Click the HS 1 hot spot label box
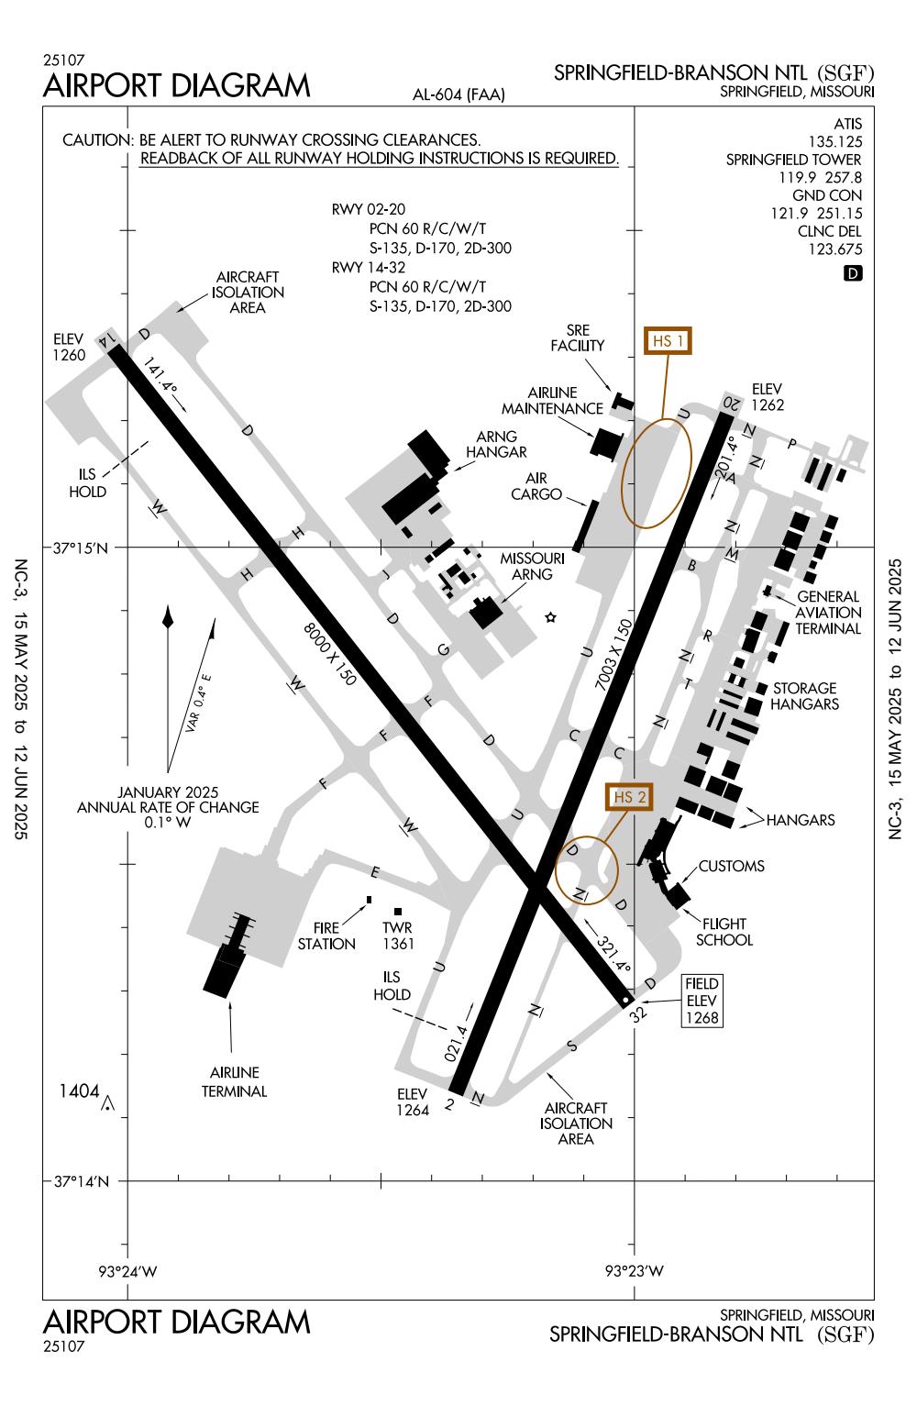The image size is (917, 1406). [668, 341]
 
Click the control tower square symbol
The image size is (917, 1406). [398, 912]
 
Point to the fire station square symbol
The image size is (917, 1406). [369, 899]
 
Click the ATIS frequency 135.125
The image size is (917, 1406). [834, 141]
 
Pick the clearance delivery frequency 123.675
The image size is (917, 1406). [834, 249]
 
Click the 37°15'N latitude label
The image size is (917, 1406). [80, 548]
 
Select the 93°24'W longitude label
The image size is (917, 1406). [127, 1270]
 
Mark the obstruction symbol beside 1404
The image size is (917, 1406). [108, 1105]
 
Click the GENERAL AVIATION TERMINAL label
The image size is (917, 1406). [828, 612]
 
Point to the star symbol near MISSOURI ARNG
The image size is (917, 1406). [551, 617]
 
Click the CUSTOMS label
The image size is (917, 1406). [731, 866]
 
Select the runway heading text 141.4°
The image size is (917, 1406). [161, 376]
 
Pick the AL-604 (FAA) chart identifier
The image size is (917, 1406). [459, 94]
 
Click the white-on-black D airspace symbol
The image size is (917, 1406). [853, 272]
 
